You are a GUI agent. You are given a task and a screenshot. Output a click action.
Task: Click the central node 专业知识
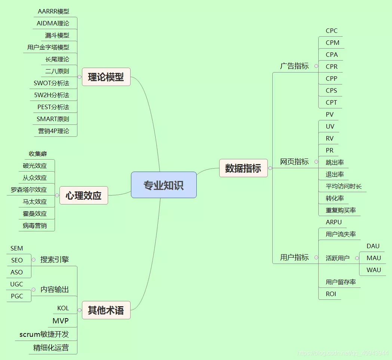[x=163, y=185]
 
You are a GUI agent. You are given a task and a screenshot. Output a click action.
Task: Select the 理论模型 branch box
[x=106, y=77]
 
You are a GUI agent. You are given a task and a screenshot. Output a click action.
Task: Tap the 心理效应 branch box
[x=83, y=196]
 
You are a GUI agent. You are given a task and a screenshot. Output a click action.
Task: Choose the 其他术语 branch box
[x=106, y=310]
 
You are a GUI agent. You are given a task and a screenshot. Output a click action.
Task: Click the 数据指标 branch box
[x=243, y=168]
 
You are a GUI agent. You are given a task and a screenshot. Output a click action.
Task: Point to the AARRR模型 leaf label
[x=53, y=11]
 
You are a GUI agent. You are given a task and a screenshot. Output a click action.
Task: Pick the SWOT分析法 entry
[x=52, y=83]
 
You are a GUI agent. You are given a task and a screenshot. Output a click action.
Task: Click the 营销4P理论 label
[x=53, y=131]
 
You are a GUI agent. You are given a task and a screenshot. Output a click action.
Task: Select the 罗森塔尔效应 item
[x=29, y=190]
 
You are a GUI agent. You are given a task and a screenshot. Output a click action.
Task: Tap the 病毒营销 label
[x=35, y=225]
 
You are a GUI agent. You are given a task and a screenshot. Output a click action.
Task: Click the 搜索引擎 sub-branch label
[x=55, y=259]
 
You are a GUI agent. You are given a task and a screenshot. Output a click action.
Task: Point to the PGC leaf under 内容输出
[x=17, y=296]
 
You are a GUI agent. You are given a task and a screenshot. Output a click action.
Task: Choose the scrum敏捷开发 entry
[x=44, y=334]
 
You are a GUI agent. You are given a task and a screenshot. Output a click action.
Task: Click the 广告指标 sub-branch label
[x=294, y=66]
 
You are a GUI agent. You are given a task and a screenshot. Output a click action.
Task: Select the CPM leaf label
[x=333, y=43]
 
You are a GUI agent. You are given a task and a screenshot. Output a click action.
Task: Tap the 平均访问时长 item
[x=344, y=186]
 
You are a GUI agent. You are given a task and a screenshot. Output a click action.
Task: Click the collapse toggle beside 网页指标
[x=316, y=162]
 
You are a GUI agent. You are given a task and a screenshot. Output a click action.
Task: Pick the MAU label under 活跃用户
[x=374, y=258]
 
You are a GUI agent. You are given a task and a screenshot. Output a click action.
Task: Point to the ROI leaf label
[x=331, y=294]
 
